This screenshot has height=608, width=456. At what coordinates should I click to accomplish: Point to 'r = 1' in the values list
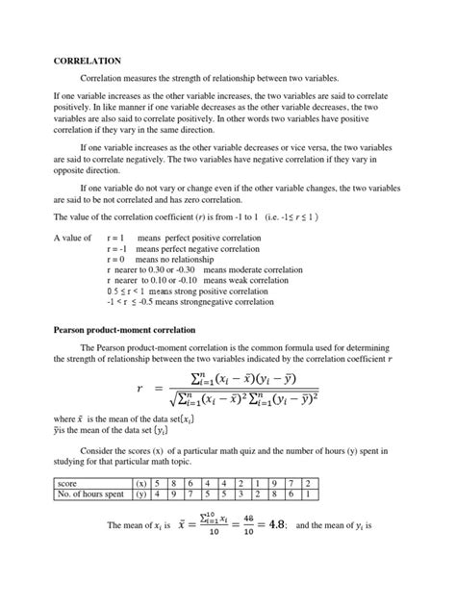[115, 237]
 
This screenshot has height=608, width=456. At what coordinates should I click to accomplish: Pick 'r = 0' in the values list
[115, 260]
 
